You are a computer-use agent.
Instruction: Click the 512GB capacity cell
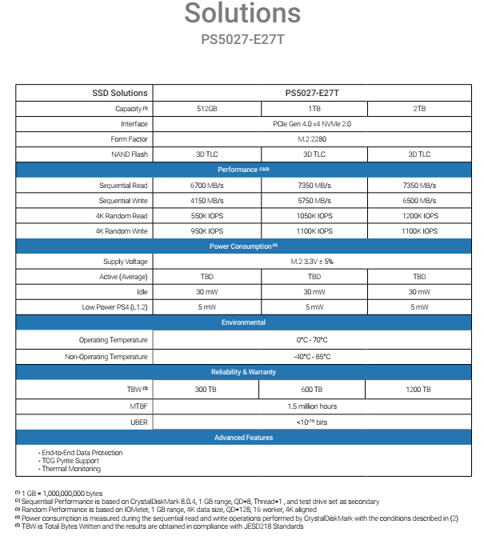tap(206, 108)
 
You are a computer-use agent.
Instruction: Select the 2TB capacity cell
tap(419, 108)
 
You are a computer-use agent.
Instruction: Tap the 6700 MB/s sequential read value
tap(206, 185)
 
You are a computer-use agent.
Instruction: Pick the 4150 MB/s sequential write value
tap(206, 200)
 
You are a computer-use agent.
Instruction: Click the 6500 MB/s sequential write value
tap(419, 200)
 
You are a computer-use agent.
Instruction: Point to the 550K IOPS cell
tap(206, 215)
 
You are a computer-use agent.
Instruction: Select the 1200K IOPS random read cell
tap(419, 215)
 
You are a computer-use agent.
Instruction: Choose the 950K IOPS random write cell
tap(206, 230)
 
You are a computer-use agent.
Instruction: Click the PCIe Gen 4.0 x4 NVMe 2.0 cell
tap(313, 124)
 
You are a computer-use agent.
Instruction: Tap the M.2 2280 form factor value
tap(313, 139)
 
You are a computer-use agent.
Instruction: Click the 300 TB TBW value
tap(206, 390)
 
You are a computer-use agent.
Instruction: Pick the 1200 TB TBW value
tap(419, 390)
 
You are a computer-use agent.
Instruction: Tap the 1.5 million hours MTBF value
tap(313, 406)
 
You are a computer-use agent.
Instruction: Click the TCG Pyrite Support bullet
tap(69, 461)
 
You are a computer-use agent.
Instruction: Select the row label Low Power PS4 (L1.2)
tap(115, 306)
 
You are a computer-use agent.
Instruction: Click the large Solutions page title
tap(243, 14)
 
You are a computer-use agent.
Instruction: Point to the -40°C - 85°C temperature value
tap(313, 356)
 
